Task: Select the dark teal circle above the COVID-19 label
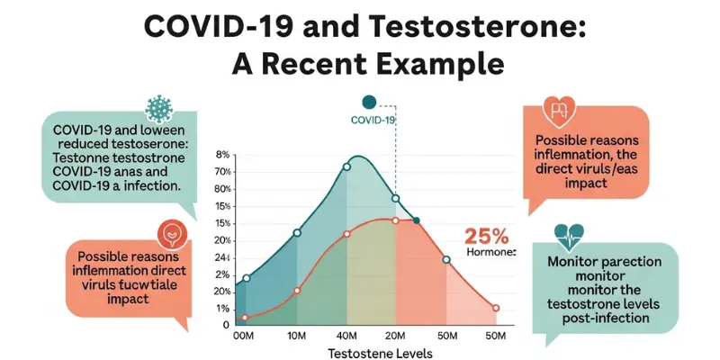click(x=367, y=103)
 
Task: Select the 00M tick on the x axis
click(x=244, y=335)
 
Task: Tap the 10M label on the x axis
click(x=297, y=335)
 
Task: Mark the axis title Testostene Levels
click(x=380, y=354)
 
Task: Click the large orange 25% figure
click(x=487, y=237)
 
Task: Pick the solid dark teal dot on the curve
click(x=415, y=220)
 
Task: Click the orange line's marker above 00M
click(x=244, y=317)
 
